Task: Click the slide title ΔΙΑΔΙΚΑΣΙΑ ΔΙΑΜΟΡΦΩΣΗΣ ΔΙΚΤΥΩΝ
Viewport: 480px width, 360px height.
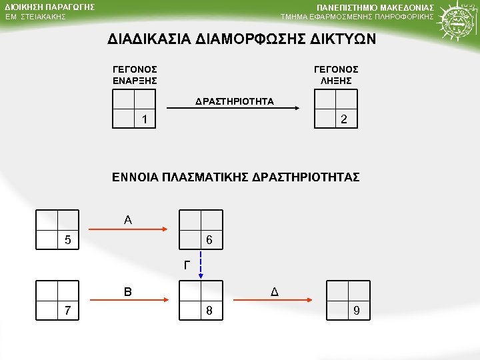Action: tap(242, 39)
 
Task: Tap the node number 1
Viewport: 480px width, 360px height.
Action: tap(144, 120)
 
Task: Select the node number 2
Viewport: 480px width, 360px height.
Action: tap(343, 120)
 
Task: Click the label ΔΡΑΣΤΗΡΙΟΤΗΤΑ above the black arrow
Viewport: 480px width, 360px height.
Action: tap(235, 102)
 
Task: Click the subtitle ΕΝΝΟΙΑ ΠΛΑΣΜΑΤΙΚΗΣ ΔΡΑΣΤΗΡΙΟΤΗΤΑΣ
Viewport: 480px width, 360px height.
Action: tap(235, 177)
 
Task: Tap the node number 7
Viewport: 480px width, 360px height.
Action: tap(67, 311)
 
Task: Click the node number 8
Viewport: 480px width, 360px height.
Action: tap(209, 311)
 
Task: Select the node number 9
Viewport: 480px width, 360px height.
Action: tap(357, 311)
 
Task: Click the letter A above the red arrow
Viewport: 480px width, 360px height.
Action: tap(127, 219)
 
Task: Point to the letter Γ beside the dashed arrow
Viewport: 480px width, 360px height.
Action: tap(187, 265)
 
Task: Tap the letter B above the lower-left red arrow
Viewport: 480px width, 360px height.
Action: tap(127, 291)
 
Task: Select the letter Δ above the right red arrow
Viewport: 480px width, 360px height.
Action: tap(274, 291)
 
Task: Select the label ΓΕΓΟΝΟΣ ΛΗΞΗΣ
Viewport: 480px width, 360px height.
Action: tap(336, 75)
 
